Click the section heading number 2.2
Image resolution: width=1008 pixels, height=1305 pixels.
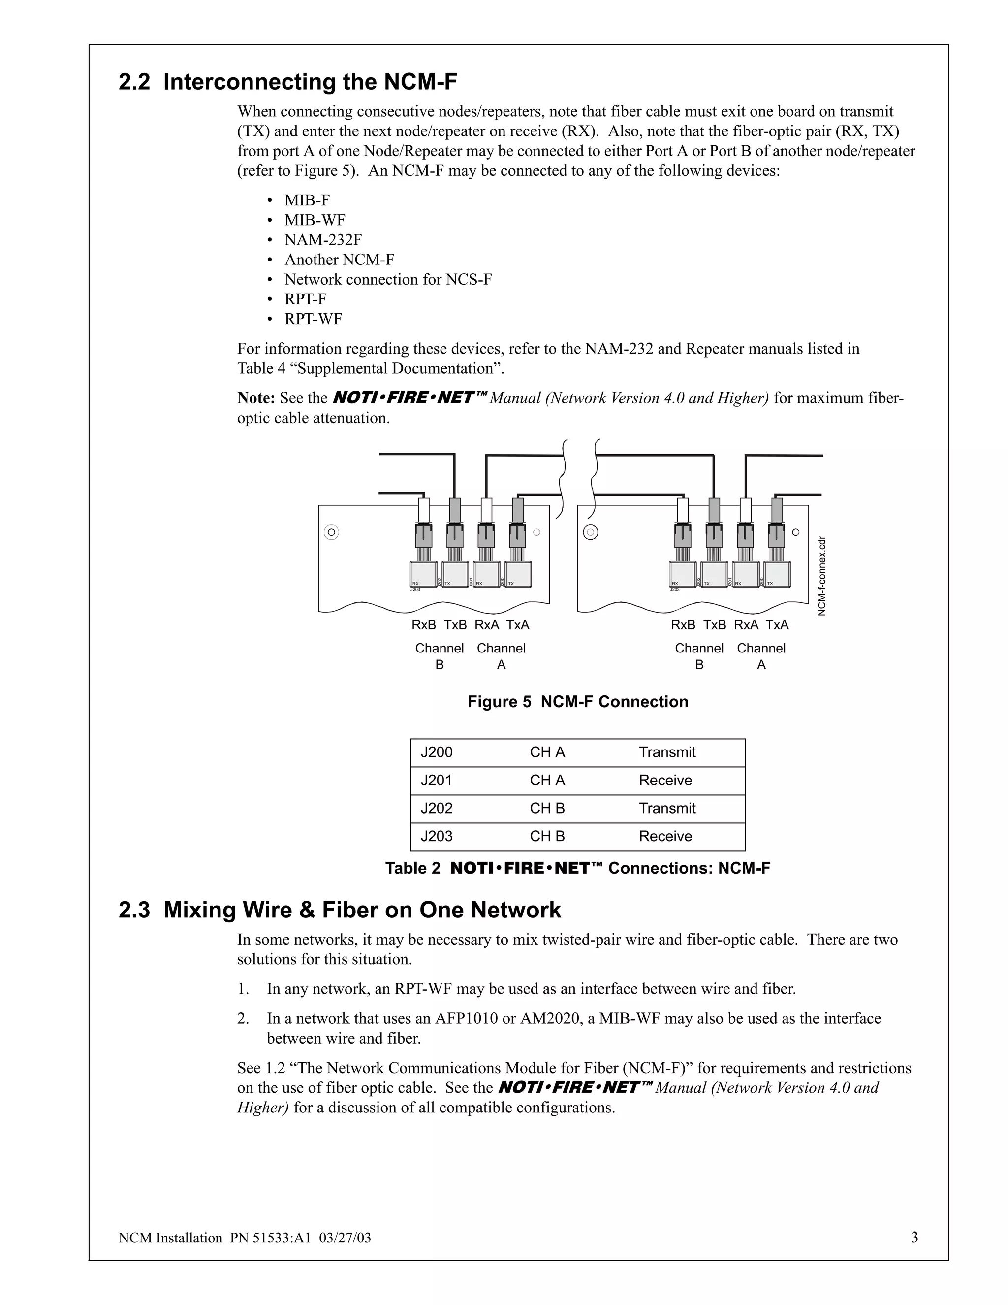pos(134,82)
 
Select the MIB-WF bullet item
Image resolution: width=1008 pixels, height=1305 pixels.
pos(315,220)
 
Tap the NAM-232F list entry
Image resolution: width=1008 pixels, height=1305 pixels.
pos(323,240)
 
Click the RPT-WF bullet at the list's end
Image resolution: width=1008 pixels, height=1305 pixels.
pos(313,319)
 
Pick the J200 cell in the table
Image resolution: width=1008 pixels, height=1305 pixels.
pos(437,752)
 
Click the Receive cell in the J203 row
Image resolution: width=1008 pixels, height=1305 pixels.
pos(665,836)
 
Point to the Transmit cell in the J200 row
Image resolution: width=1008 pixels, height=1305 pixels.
pos(667,752)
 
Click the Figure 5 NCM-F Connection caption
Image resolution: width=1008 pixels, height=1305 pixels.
pos(577,701)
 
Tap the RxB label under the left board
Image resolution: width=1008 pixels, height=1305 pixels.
pos(424,625)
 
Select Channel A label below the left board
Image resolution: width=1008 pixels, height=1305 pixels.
pos(501,656)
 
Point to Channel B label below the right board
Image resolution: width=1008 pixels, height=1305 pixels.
pos(699,656)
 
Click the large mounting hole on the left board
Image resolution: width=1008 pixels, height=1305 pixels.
pos(331,532)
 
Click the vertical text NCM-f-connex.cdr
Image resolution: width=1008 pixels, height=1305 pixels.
pos(821,575)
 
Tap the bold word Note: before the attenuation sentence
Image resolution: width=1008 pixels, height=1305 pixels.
pos(255,398)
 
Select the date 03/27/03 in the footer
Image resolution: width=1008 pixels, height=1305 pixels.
pos(345,1238)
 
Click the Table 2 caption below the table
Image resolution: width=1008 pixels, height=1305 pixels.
pos(577,868)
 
